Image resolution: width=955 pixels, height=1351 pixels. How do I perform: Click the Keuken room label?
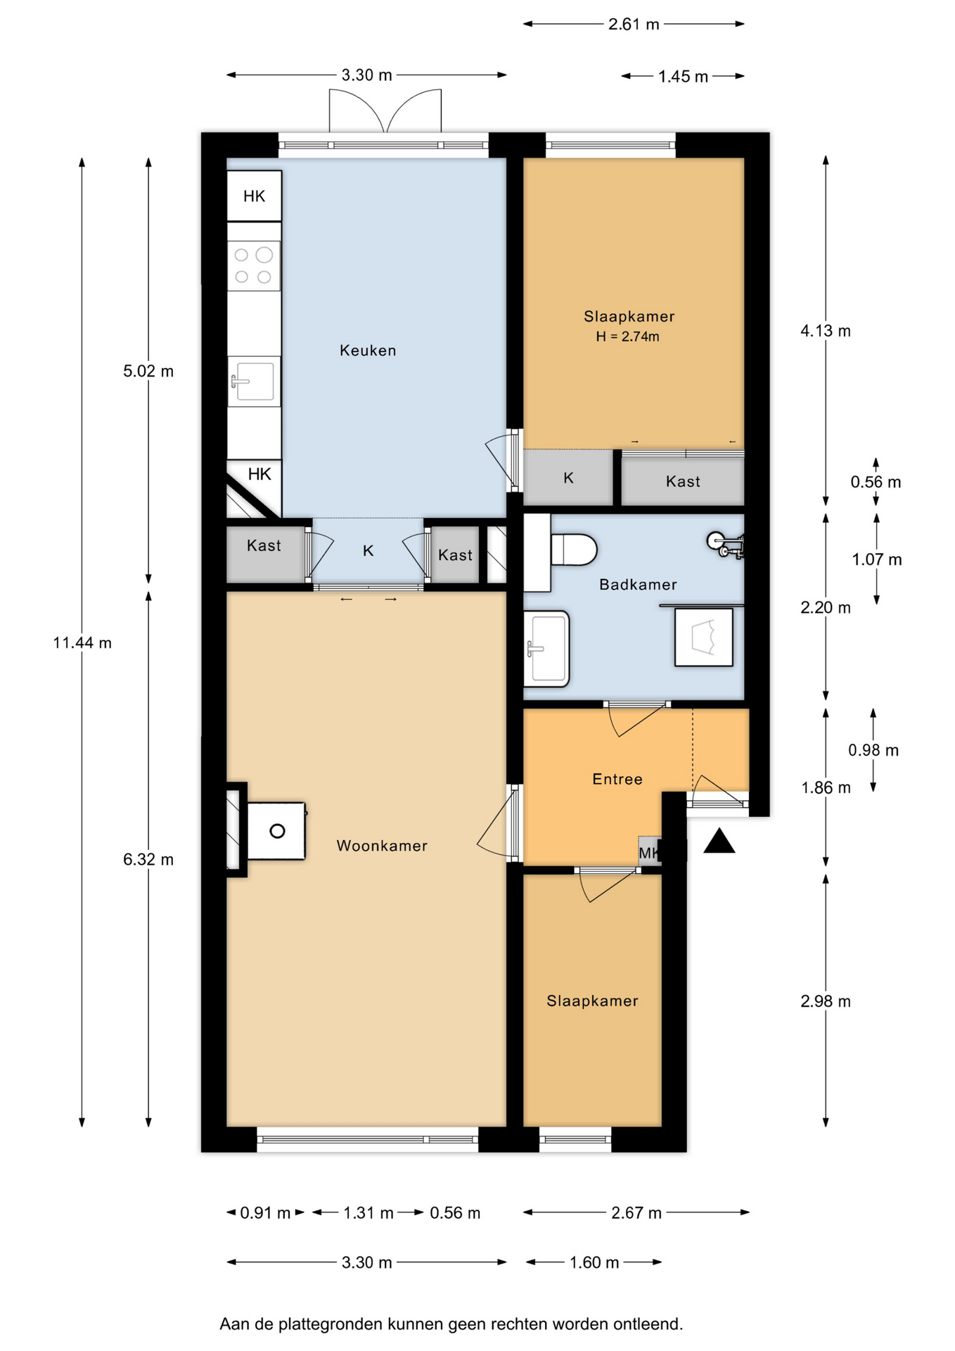coord(368,350)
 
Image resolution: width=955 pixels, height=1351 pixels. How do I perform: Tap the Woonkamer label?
coord(382,846)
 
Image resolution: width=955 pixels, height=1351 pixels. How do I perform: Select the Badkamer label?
coord(638,585)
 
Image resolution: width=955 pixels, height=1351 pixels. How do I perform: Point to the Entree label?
coord(617,779)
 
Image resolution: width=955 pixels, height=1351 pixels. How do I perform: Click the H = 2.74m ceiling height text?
coord(628,337)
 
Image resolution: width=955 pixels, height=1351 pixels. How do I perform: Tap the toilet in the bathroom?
coord(574,550)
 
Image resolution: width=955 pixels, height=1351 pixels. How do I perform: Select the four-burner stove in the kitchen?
coord(254,266)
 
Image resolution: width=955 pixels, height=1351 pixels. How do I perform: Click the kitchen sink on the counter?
coord(254,381)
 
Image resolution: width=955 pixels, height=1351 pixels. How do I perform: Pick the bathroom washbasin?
coord(546,648)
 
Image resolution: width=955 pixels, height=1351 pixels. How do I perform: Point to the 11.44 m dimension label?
coord(82,642)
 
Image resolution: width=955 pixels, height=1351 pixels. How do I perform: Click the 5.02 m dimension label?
coord(148,372)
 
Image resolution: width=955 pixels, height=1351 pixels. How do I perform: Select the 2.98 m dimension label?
coord(826,1001)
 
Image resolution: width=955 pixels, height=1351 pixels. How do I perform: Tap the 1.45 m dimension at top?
coord(683,77)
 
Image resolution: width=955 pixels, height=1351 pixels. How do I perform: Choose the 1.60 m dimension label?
coord(594,1262)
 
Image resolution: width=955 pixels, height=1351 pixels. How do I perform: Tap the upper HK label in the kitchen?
coord(255,196)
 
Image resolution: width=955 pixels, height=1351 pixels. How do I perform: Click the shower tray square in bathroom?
coord(704,637)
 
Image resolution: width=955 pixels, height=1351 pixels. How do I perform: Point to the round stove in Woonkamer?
coord(277,831)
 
